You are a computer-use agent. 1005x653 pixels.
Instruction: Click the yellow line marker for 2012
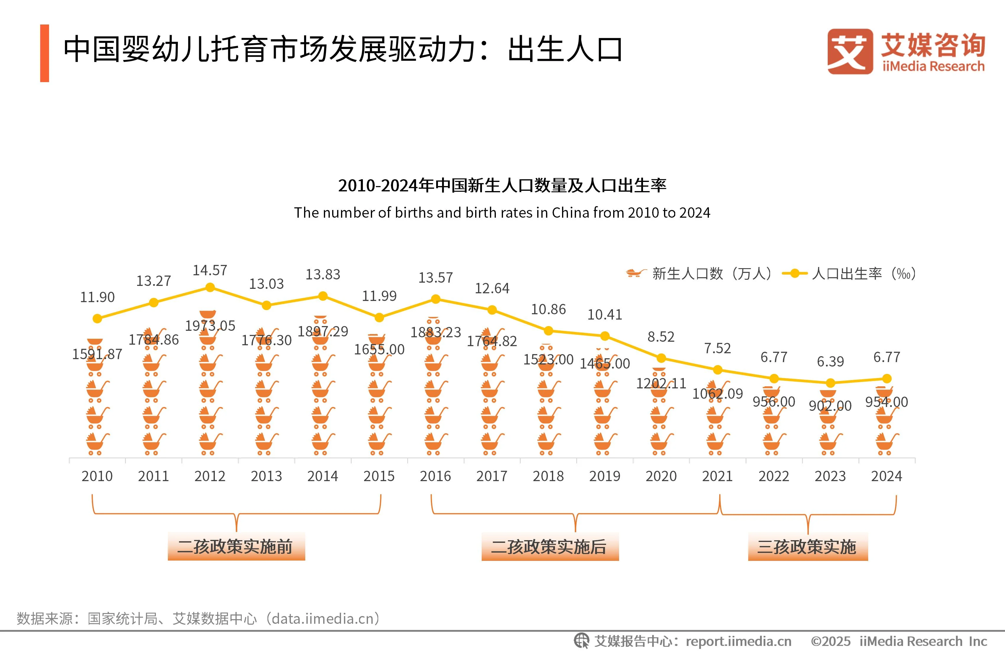point(210,287)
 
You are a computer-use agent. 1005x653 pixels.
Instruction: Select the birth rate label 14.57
point(210,270)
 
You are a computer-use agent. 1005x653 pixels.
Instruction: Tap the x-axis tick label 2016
point(435,476)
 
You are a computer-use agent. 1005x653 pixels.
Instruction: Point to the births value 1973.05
point(210,325)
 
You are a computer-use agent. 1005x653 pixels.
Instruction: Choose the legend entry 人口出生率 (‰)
point(849,273)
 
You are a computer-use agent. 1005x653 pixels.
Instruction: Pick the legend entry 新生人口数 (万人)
point(699,273)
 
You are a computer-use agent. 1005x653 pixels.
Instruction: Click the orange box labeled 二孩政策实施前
point(236,547)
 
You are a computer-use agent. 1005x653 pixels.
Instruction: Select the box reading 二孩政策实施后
point(550,547)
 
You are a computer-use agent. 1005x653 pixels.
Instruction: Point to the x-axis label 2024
point(886,476)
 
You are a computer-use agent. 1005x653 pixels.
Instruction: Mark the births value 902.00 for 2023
point(830,406)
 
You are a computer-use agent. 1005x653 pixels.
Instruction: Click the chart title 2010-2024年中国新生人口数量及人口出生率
point(502,185)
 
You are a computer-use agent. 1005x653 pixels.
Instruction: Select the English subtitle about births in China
point(502,213)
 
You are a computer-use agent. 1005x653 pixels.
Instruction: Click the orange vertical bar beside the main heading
point(44,53)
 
